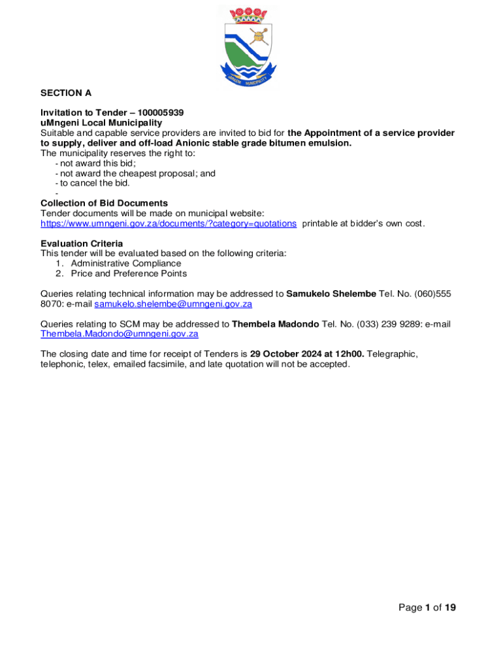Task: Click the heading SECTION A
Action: tap(66, 93)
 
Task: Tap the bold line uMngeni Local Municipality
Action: tap(101, 123)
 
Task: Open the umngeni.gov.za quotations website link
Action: tap(169, 223)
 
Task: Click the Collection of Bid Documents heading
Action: tap(104, 203)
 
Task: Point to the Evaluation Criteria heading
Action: tap(82, 244)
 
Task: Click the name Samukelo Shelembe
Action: tap(331, 294)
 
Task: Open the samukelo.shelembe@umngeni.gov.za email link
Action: tap(173, 304)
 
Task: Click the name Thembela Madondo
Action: tap(271, 324)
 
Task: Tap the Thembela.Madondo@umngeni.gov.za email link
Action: tap(120, 334)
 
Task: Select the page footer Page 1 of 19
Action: tap(427, 608)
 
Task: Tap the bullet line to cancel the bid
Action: tap(95, 183)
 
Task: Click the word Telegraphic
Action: tap(393, 354)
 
